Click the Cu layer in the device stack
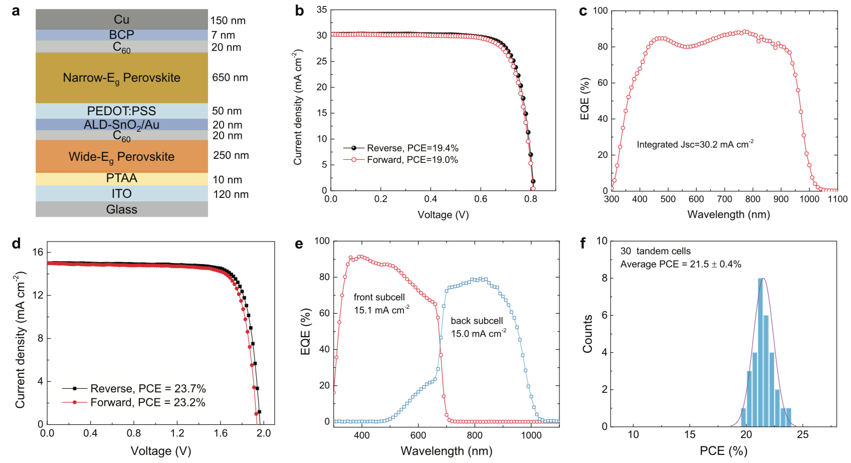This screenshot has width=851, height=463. point(122,20)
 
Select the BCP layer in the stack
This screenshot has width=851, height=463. point(122,35)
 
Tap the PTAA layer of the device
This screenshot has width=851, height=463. point(122,178)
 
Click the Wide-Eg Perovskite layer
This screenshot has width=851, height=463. point(122,157)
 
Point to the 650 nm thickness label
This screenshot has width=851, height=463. point(230,78)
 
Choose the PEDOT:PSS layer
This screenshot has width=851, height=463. point(122,111)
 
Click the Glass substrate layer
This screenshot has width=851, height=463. point(122,209)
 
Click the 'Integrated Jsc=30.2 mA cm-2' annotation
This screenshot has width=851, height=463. point(695,145)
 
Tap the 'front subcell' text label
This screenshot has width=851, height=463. point(379,298)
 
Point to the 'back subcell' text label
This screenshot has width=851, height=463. point(477,321)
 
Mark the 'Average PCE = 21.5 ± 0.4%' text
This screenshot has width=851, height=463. point(681,264)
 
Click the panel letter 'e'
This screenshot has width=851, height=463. point(299,244)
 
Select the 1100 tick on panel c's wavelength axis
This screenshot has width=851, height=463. point(837,199)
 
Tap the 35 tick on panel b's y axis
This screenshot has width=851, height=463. point(322,10)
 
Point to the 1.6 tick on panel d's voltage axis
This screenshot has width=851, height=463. point(221,433)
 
